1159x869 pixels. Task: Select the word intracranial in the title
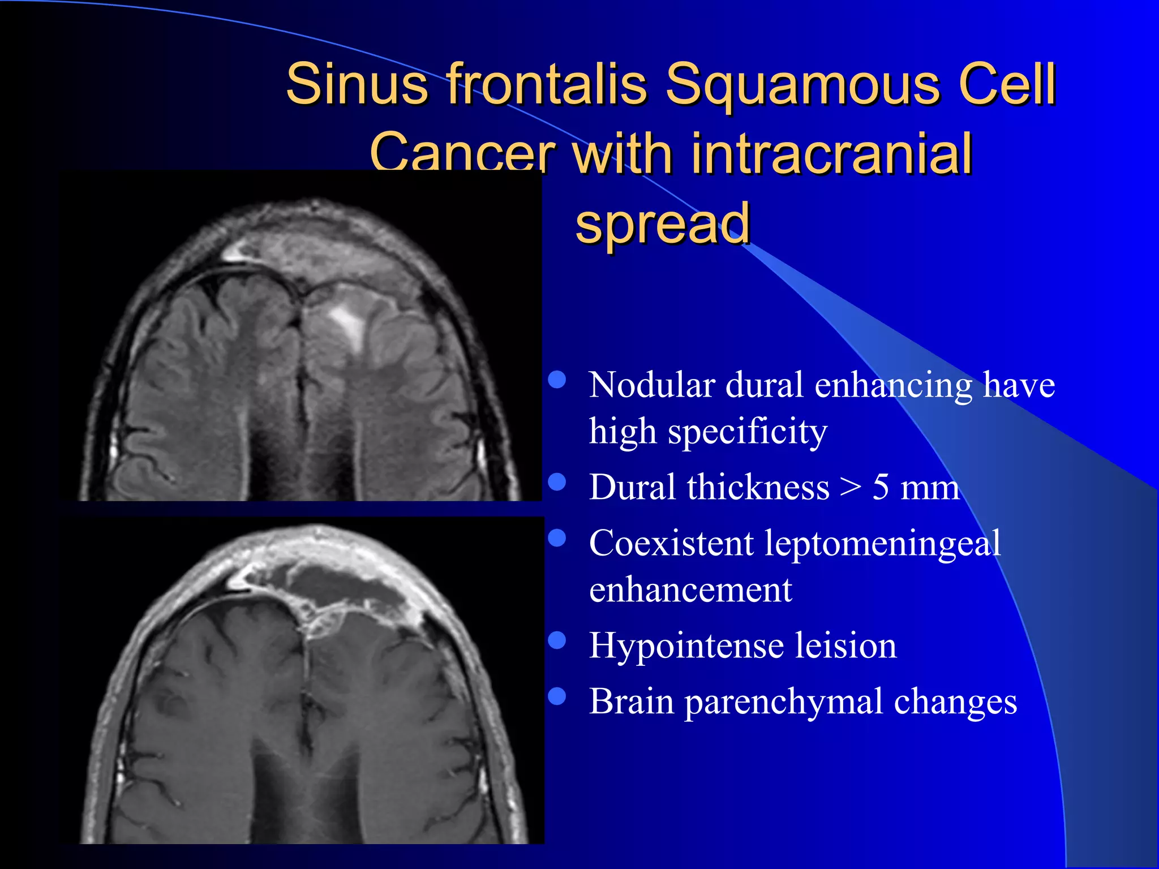click(831, 154)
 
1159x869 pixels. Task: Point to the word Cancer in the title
click(462, 154)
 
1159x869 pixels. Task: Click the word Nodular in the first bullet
click(651, 385)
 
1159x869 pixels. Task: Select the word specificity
click(747, 432)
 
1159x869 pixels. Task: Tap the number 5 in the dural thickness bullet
click(881, 487)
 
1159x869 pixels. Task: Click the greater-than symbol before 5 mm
click(851, 488)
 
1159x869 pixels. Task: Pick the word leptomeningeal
click(883, 544)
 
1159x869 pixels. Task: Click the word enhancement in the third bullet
click(690, 590)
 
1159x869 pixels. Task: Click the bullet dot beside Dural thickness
click(557, 481)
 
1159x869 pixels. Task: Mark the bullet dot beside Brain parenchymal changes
click(557, 696)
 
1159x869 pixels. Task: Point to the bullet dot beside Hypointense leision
click(557, 640)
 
